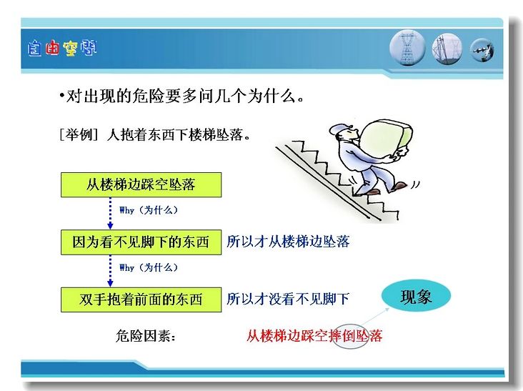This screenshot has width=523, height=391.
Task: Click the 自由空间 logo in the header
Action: pyautogui.click(x=62, y=49)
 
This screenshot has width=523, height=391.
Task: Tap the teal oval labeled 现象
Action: pyautogui.click(x=416, y=296)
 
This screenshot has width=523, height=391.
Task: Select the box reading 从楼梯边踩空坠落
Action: pyautogui.click(x=141, y=184)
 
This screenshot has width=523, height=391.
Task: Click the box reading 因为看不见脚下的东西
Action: pyautogui.click(x=141, y=242)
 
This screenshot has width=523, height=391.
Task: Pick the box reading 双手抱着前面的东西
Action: pyautogui.click(x=141, y=300)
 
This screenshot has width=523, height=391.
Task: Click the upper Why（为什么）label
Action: pyautogui.click(x=149, y=210)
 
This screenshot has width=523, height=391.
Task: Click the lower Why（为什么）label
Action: pyautogui.click(x=149, y=267)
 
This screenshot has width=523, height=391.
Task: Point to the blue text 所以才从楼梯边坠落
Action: pyautogui.click(x=288, y=241)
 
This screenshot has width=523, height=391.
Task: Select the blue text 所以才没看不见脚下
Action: pyautogui.click(x=288, y=299)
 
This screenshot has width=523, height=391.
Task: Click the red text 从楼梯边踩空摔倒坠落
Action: pyautogui.click(x=314, y=336)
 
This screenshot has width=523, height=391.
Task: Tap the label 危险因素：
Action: pyautogui.click(x=146, y=336)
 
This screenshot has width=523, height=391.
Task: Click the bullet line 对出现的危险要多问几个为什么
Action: pyautogui.click(x=181, y=96)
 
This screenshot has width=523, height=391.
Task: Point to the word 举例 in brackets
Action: pyautogui.click(x=79, y=135)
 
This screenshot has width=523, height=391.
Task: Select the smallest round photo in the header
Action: pyautogui.click(x=482, y=50)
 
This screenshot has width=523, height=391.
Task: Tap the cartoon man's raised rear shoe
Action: pyautogui.click(x=399, y=185)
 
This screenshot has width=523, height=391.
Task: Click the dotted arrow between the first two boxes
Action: pyautogui.click(x=111, y=213)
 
